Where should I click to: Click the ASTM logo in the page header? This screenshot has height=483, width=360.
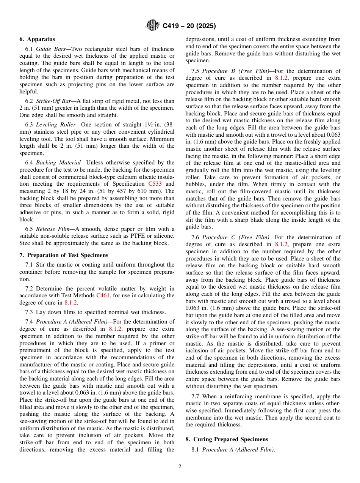coord(153,26)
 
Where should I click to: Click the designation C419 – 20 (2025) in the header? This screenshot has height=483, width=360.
coord(189,26)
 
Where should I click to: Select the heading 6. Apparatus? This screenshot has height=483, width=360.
coord(37,39)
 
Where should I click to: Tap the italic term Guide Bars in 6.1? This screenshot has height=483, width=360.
coord(50,49)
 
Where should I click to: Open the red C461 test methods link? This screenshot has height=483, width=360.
coord(103,295)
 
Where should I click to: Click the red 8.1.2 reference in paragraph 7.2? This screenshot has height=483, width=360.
coord(70,302)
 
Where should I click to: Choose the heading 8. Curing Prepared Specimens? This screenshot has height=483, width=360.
coord(227,439)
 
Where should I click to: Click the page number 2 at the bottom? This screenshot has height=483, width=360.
coord(180,467)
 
